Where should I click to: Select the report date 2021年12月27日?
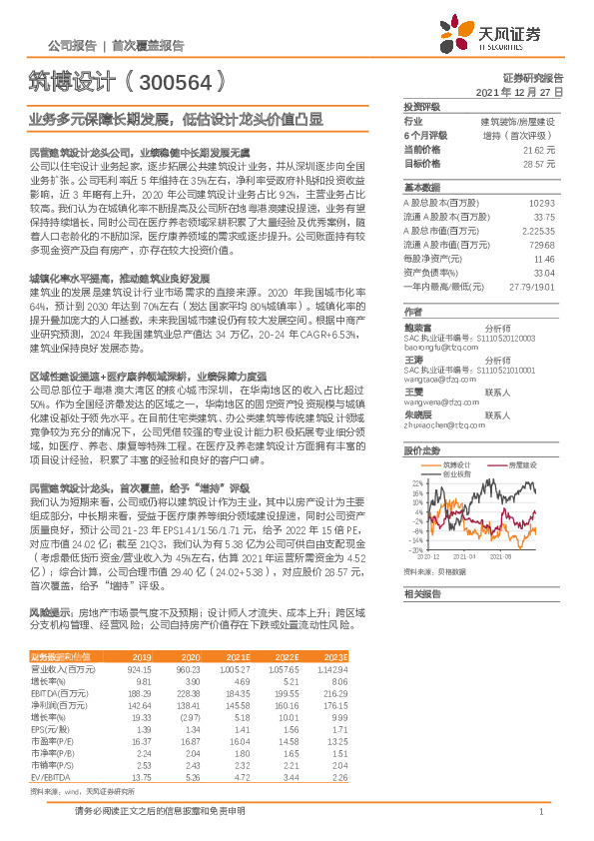click(x=518, y=92)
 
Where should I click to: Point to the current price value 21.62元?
click(x=539, y=149)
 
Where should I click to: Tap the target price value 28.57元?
click(x=539, y=162)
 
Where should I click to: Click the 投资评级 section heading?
click(x=420, y=106)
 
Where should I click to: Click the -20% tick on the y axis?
click(x=413, y=548)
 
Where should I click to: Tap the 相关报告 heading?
click(x=420, y=593)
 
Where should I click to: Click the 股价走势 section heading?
click(x=420, y=449)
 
